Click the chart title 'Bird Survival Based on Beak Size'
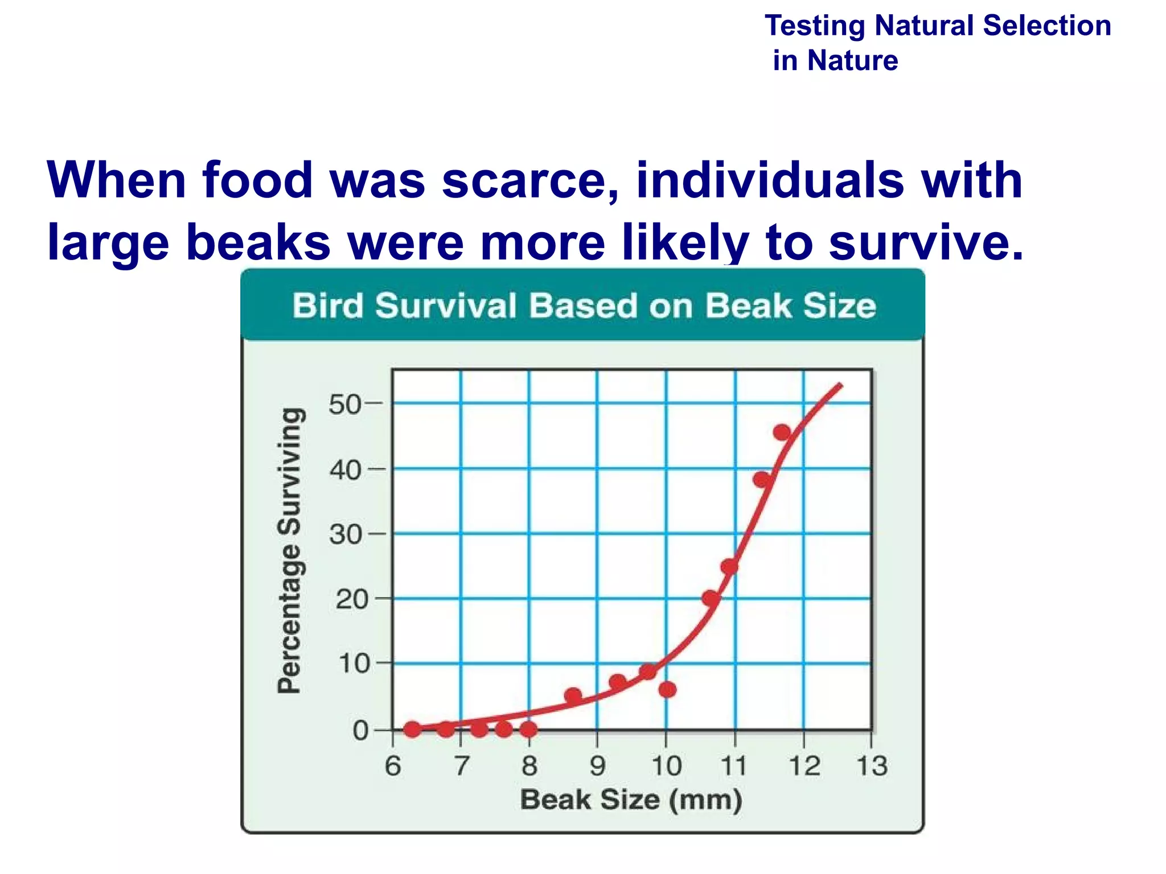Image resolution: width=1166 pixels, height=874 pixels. [x=584, y=306]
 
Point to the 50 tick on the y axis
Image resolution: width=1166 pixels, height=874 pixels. [x=344, y=405]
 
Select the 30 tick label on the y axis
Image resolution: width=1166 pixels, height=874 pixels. [x=344, y=534]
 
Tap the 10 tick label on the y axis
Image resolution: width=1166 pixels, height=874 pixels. [x=353, y=663]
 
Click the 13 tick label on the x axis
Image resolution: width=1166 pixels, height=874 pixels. [x=872, y=766]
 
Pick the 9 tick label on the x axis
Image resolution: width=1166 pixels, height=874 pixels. [x=597, y=766]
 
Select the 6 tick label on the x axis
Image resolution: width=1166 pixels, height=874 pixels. [x=393, y=766]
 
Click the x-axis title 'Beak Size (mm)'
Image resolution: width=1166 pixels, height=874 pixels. [x=631, y=799]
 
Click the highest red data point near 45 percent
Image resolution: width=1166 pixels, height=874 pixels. [x=782, y=432]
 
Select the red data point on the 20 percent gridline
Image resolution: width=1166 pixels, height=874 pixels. [x=711, y=598]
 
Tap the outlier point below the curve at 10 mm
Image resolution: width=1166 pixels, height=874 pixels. [x=667, y=690]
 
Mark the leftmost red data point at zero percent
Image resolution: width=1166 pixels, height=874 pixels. [x=412, y=729]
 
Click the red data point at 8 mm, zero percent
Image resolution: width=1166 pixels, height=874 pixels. [x=529, y=728]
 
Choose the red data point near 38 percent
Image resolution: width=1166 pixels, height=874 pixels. [x=762, y=480]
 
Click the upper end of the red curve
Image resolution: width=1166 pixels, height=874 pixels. [x=840, y=386]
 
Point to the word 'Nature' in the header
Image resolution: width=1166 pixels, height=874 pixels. [x=852, y=60]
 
